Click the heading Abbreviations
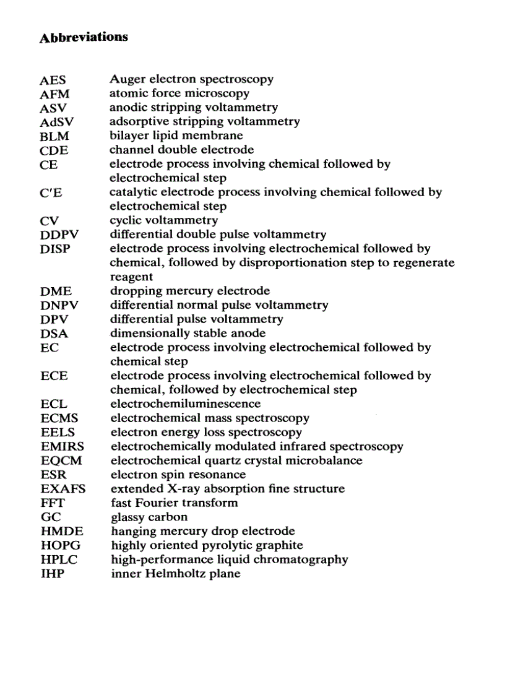click(84, 37)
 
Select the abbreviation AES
click(53, 80)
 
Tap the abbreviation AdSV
click(56, 122)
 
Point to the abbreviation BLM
click(54, 136)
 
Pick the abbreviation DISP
click(55, 249)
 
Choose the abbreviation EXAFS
click(63, 490)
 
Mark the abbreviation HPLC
click(60, 560)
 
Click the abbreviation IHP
click(53, 574)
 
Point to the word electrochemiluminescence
click(186, 404)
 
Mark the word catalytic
click(132, 192)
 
